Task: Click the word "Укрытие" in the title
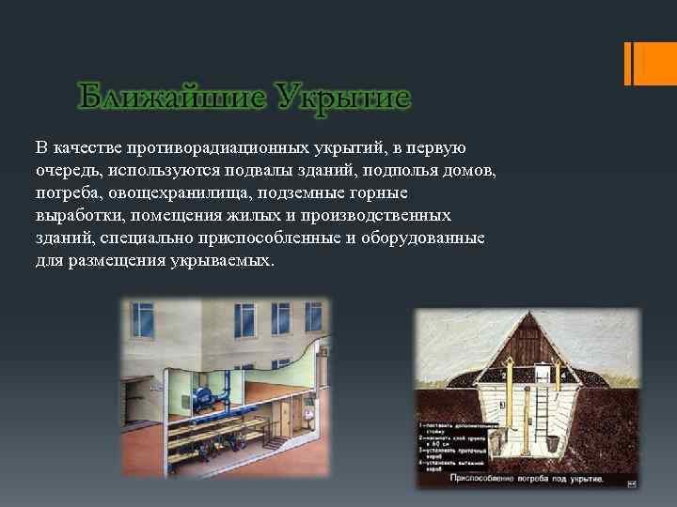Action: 344,98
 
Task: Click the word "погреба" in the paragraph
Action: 67,193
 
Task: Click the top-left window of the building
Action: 143,320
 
